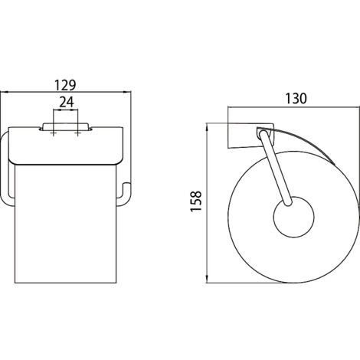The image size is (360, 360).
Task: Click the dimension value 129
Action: (65, 85)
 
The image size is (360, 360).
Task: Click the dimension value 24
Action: (67, 102)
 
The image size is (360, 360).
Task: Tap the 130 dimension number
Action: (296, 99)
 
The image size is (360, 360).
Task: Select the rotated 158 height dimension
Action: (196, 201)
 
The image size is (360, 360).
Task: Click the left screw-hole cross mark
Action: (54, 133)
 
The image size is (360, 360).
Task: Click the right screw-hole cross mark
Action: (77, 133)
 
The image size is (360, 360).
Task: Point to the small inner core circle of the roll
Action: (293, 217)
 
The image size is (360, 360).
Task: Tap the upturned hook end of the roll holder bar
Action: (126, 193)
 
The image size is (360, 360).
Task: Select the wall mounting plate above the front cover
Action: (66, 126)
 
